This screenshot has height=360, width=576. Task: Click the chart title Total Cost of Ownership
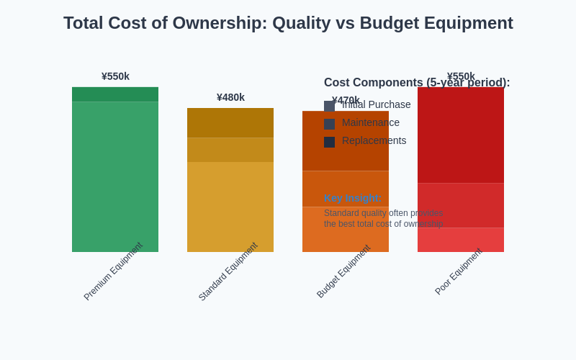coord(288,23)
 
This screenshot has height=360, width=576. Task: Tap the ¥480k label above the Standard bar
coord(230,97)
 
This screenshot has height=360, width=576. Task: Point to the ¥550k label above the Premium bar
coord(115,76)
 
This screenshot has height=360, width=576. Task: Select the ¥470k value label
coord(346,100)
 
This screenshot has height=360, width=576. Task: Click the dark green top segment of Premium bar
coord(115,94)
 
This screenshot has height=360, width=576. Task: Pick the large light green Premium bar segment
coord(115,176)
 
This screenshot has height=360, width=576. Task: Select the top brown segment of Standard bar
coord(230,122)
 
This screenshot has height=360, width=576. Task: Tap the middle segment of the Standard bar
coord(230,150)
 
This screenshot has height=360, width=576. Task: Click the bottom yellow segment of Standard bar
coord(230,207)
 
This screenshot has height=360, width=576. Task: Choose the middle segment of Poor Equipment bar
coord(461,205)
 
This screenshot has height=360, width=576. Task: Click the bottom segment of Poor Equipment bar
coord(461,240)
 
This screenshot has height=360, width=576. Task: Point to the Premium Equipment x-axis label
coord(113,271)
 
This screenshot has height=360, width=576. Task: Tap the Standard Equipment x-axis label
coord(228,271)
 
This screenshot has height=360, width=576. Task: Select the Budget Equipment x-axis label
coord(343,271)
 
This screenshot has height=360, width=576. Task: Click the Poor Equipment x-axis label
coord(458,271)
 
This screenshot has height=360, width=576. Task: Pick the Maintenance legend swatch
coord(329,124)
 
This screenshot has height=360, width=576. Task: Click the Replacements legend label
coord(374,140)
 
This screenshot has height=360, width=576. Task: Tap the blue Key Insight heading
coord(352,198)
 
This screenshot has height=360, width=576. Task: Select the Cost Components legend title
coord(416,83)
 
